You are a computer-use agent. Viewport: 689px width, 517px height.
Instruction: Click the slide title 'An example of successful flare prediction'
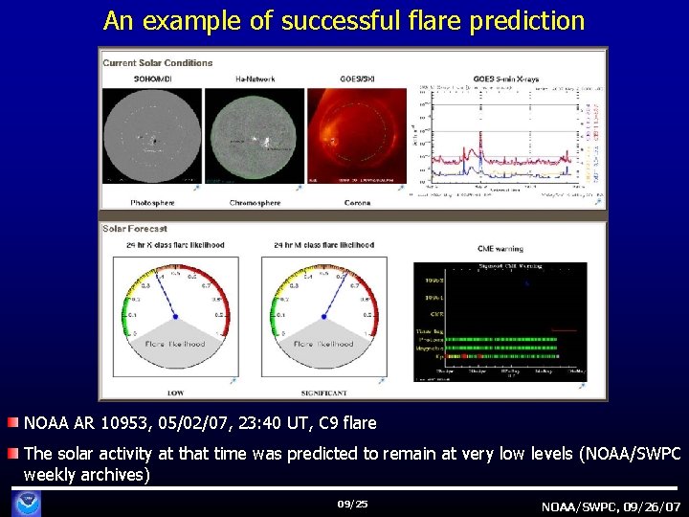click(x=344, y=20)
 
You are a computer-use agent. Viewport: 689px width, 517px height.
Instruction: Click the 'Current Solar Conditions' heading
click(x=158, y=63)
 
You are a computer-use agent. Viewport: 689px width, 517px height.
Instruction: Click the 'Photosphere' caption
click(x=153, y=203)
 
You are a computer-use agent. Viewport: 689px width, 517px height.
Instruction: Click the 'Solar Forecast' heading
click(x=136, y=229)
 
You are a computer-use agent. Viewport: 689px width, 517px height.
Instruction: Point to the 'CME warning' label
click(x=500, y=248)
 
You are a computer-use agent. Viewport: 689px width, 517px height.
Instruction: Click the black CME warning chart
click(x=500, y=321)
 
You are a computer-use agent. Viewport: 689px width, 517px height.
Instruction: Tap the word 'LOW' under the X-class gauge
click(x=176, y=393)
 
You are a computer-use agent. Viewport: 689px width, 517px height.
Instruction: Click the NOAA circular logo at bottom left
click(x=31, y=502)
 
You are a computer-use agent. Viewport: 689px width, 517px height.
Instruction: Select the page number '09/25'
click(x=352, y=504)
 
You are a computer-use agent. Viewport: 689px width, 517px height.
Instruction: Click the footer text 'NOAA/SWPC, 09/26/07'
click(x=610, y=506)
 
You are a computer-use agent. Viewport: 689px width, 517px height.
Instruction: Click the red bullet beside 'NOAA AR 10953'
click(x=11, y=423)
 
